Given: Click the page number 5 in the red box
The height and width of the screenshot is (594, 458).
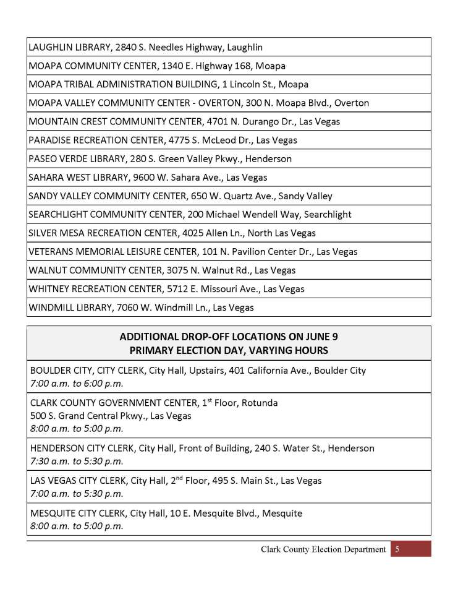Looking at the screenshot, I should (398, 549).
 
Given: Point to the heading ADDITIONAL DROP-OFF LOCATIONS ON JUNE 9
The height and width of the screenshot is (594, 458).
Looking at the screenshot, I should (229, 337).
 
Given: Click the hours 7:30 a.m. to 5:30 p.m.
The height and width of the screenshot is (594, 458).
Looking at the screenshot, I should (77, 460).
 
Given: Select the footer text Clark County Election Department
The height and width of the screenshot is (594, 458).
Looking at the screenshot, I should (323, 549).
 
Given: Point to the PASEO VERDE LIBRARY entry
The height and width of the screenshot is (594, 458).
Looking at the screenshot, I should (160, 158).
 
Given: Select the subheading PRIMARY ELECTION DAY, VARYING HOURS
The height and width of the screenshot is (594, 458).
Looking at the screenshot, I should (229, 350).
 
